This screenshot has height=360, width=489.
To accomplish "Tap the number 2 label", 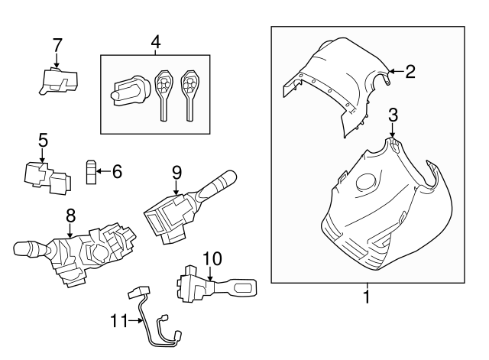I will pos(410,72).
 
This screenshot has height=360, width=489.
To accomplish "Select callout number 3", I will pos(393,115).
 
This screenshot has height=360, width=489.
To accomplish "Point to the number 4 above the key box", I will pos(155,43).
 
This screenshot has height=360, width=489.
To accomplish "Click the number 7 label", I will pos(57,45).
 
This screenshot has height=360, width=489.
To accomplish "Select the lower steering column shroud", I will pos(382,214).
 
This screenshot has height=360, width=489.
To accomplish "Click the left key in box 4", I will pos(163,92).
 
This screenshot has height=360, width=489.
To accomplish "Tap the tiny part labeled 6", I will pos(90,173).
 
